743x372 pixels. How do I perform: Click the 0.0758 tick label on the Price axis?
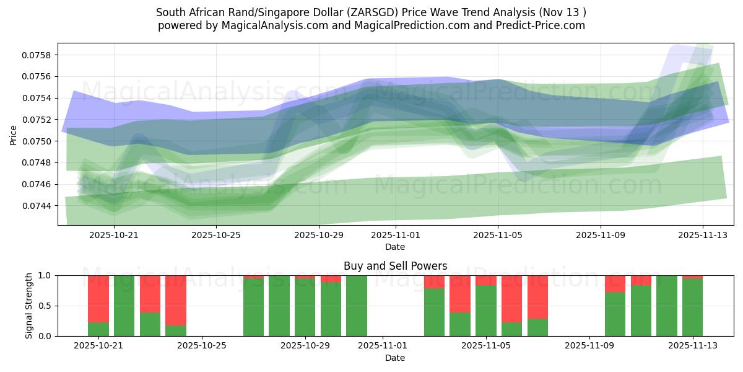pos(37,55)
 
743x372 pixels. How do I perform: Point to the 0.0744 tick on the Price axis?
pos(37,206)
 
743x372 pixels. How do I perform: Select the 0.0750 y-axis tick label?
pos(37,141)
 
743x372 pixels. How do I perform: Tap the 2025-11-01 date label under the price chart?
pos(395,235)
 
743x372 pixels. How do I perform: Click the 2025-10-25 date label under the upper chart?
pos(215,235)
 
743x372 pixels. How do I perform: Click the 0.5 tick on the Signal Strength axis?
pos(46,306)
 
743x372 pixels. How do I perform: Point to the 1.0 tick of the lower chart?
pos(46,275)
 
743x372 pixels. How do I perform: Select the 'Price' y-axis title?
pos(14,135)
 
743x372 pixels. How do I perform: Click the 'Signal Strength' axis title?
pos(29,305)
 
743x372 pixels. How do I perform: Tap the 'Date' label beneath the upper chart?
pos(395,247)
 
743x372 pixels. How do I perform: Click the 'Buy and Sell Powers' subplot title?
pos(395,266)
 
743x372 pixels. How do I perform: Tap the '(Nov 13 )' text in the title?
pos(562,12)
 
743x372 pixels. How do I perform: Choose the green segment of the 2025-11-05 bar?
pos(486,311)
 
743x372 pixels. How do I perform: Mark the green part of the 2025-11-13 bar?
pos(692,307)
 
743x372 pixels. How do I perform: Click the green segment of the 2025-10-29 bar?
pos(305,307)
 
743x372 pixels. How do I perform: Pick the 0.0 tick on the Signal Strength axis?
pos(46,336)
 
